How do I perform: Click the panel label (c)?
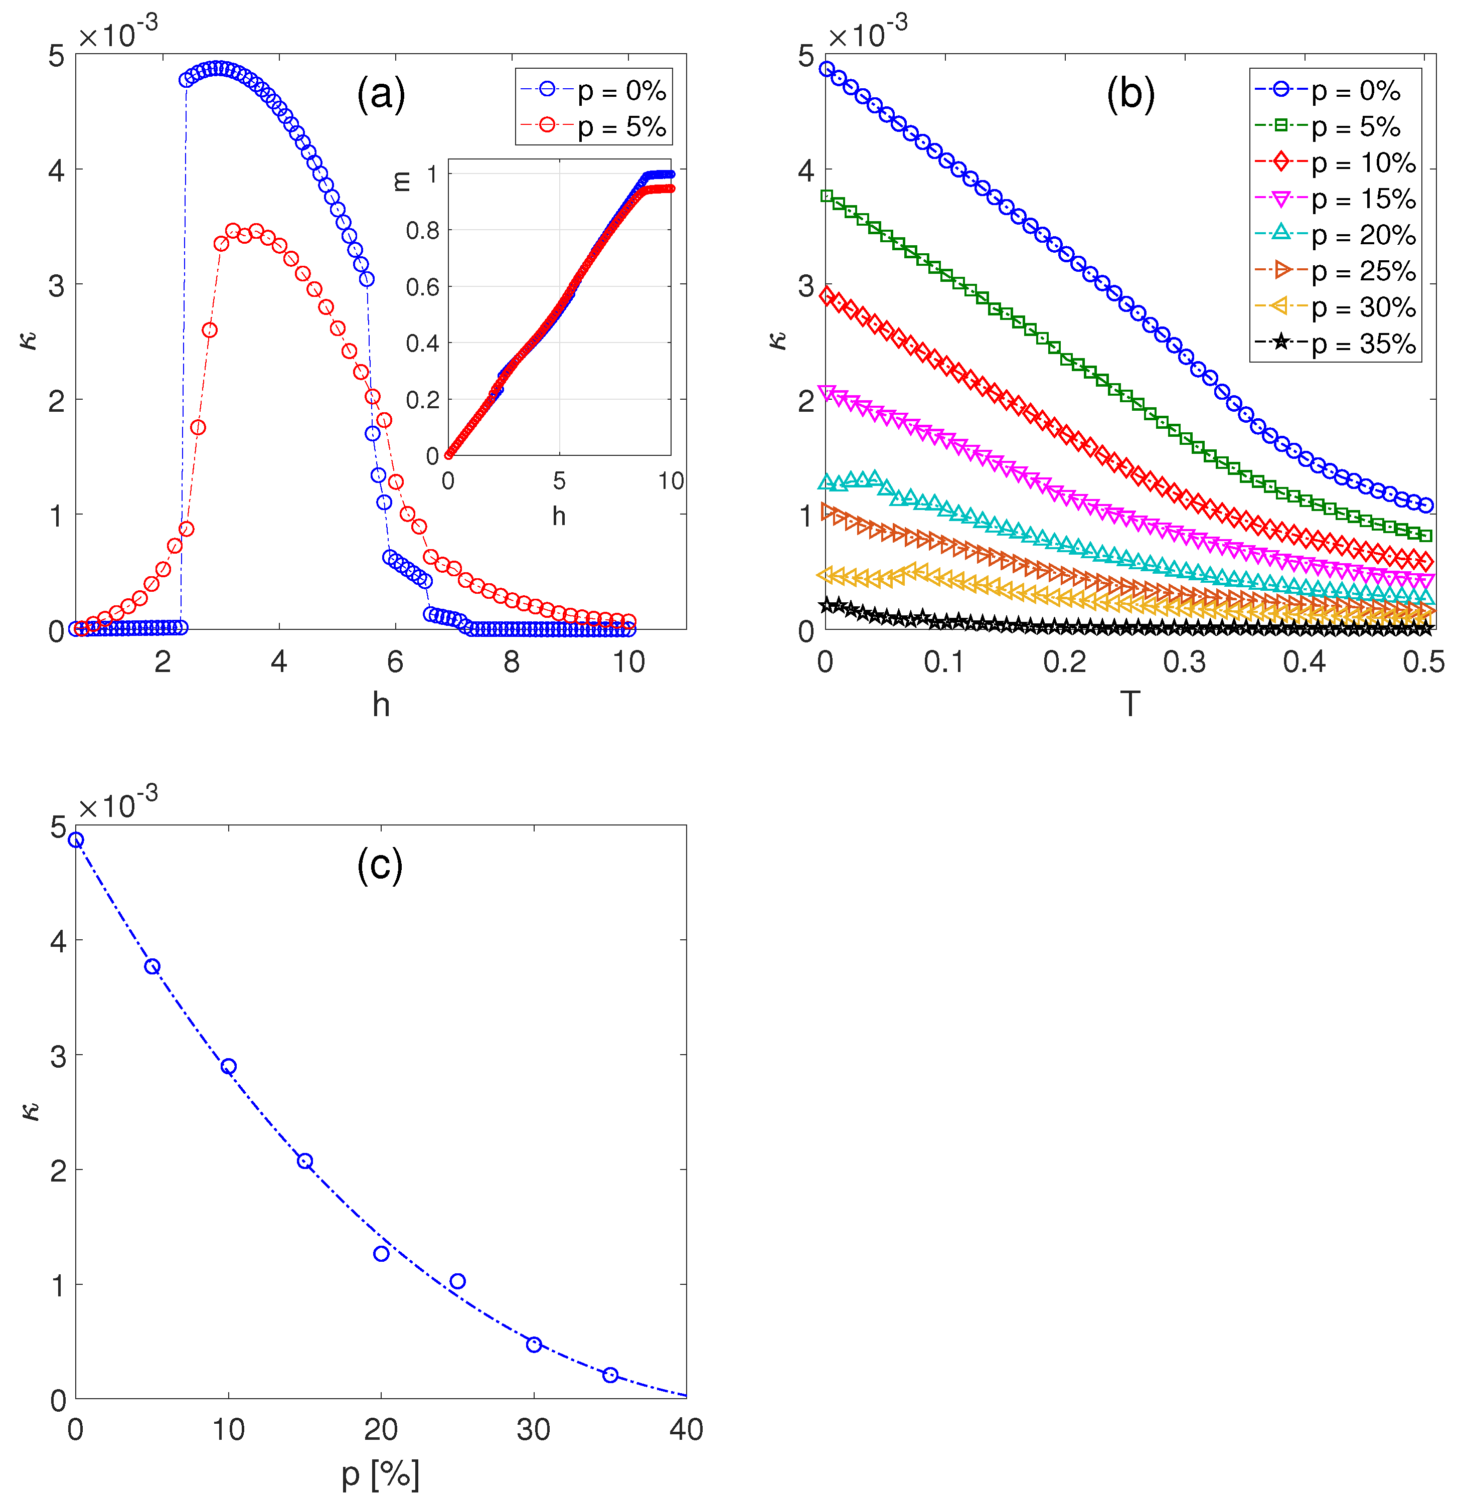coord(380,866)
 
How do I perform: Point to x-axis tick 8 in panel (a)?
coord(512,661)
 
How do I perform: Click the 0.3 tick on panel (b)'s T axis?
coord(1184,661)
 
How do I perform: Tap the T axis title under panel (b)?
coord(1130,703)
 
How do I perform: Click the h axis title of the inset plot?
coord(559,516)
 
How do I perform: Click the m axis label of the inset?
coord(401,182)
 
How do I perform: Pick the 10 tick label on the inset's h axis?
coord(670,481)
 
